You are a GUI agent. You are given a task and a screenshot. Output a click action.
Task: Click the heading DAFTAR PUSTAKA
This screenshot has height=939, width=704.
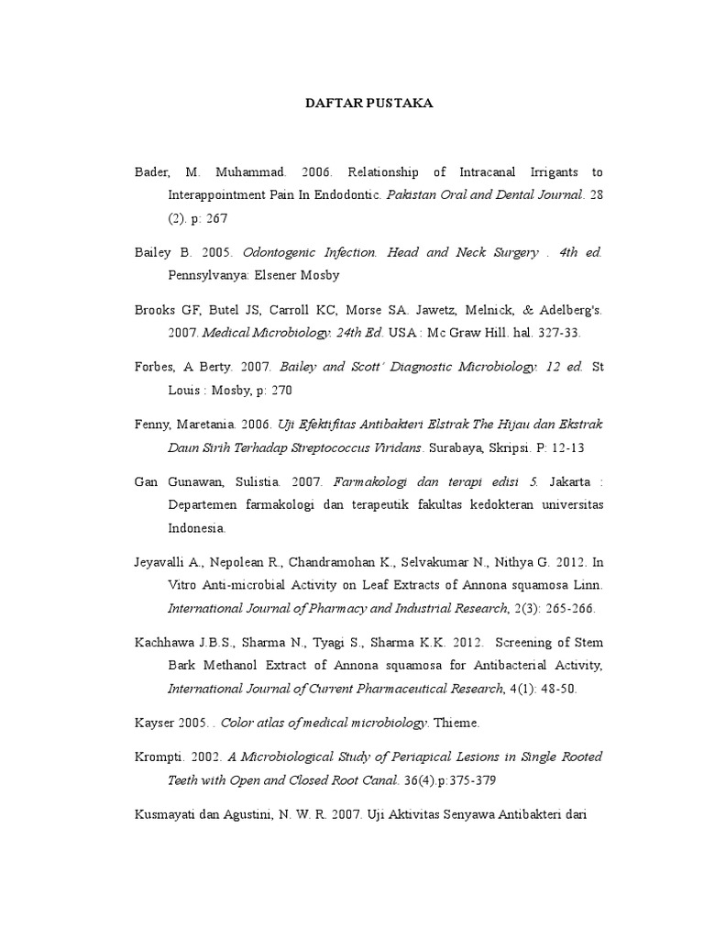[x=368, y=104]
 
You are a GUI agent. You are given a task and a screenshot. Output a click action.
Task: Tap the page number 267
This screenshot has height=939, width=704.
[x=217, y=218]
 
